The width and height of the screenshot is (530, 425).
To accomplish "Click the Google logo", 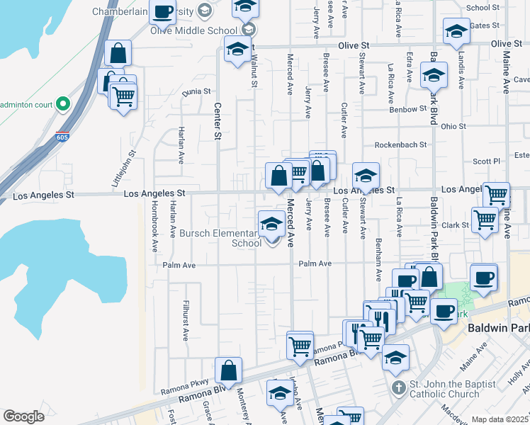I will coord(23,416).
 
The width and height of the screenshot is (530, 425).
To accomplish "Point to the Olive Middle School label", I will coord(194,30).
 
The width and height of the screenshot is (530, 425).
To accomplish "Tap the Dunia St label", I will coord(197,91).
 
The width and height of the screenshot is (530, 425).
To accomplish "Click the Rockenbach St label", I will coord(400,144).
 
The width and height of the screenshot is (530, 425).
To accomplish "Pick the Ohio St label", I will coord(453,127).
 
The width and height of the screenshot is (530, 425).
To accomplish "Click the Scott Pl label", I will coord(487,161).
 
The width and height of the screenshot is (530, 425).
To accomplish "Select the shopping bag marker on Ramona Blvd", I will coord(228,371).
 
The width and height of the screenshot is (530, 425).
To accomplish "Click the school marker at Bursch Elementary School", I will coord(271,225).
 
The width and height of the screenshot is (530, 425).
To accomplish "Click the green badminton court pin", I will coord(62,104).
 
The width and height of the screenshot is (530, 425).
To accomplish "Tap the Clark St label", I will coord(456,225).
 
